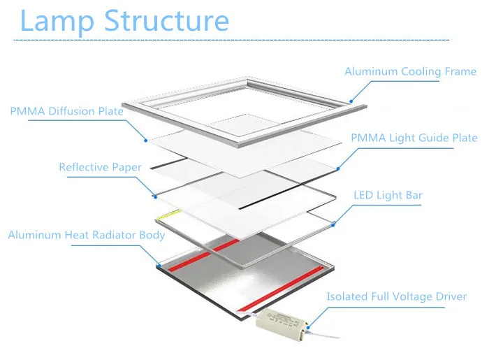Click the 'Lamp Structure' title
pyautogui.click(x=124, y=21)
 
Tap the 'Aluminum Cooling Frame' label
pyautogui.click(x=411, y=71)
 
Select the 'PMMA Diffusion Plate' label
pyautogui.click(x=67, y=111)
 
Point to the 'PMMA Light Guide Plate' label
pyautogui.click(x=414, y=138)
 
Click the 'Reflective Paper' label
pyautogui.click(x=100, y=167)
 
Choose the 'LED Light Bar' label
pyautogui.click(x=388, y=195)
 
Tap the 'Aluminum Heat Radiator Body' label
pyautogui.click(x=87, y=235)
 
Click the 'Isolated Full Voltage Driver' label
pyautogui.click(x=397, y=296)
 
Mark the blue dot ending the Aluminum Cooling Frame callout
pyautogui.click(x=351, y=101)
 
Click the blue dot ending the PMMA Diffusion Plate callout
pyautogui.click(x=145, y=141)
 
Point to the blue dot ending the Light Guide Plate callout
pyautogui.click(x=338, y=168)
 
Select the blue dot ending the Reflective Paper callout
pyautogui.click(x=155, y=197)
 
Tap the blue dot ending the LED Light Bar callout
pyautogui.click(x=333, y=224)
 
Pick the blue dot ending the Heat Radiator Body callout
pyautogui.click(x=159, y=266)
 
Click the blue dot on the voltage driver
pyautogui.click(x=308, y=327)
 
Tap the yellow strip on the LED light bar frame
pyautogui.click(x=170, y=215)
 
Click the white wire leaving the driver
pyautogui.click(x=323, y=335)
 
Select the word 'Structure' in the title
pyautogui.click(x=167, y=20)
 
